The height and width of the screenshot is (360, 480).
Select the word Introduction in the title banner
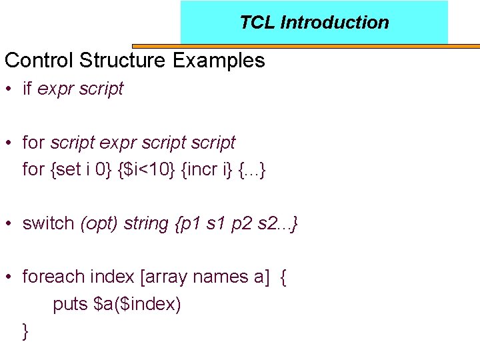(335, 22)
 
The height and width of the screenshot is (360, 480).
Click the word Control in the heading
(39, 61)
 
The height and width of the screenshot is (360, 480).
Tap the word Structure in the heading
(123, 61)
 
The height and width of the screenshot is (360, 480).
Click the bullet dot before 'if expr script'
(10, 89)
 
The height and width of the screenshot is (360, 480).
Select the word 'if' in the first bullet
(27, 89)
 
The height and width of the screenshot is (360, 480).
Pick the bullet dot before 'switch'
(10, 223)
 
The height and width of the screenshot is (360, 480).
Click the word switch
(49, 223)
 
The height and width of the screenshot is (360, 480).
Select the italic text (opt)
(99, 223)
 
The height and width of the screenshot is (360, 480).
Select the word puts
(71, 304)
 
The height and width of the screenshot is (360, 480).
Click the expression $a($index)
(138, 304)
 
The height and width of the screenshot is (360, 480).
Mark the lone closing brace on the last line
(25, 331)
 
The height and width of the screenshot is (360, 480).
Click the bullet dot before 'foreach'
(10, 277)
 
